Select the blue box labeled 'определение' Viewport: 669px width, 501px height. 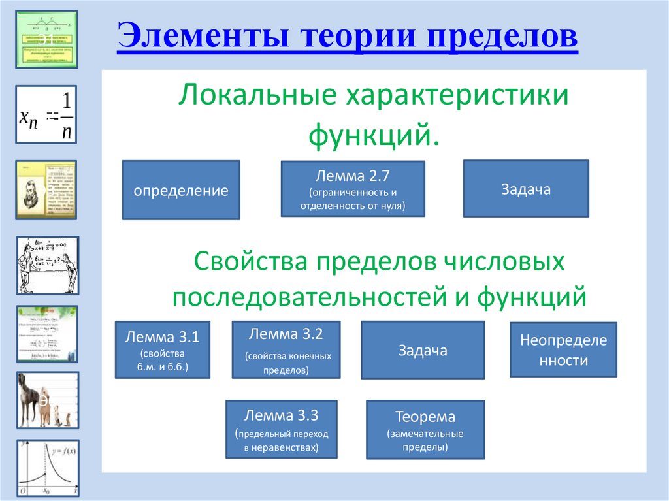tap(181, 190)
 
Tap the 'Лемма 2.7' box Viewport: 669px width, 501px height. tap(352, 189)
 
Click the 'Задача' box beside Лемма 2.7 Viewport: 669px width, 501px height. tap(526, 189)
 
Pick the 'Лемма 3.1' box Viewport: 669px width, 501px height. tap(163, 349)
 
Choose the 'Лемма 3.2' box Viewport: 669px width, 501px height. tap(286, 349)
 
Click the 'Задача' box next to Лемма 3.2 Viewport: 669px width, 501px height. tap(423, 349)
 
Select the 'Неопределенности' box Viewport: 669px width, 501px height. tap(563, 349)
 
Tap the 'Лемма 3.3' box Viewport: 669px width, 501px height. tap(281, 429)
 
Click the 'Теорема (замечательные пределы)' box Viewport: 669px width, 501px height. tap(425, 429)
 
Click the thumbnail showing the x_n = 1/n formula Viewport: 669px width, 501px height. tap(46, 114)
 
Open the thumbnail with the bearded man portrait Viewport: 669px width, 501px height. tap(46, 189)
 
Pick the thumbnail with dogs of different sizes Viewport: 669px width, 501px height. tap(46, 400)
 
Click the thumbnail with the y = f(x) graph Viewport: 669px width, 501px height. tap(46, 468)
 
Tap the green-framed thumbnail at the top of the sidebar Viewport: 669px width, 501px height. tap(46, 39)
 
